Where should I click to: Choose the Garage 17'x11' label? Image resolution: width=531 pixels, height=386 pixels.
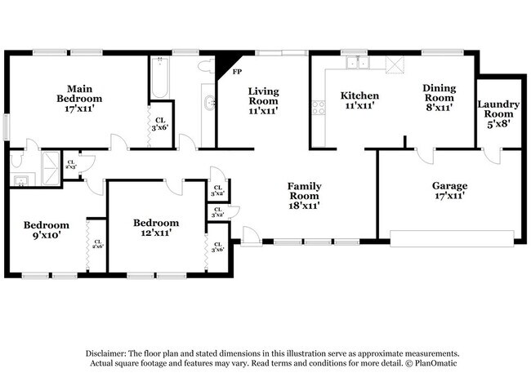click(449, 191)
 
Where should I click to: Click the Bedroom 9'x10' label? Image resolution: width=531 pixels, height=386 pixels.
click(46, 229)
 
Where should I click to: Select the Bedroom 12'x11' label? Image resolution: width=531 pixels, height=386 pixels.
click(155, 228)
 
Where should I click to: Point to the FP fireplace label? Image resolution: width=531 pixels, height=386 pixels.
click(237, 72)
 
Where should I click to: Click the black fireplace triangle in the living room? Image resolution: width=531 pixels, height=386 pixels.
click(222, 64)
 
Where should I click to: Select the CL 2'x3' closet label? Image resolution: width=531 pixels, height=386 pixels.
click(70, 163)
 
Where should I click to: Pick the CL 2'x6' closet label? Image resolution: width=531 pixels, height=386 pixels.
click(97, 242)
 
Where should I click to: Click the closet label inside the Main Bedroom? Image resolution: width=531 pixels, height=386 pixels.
click(158, 123)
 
